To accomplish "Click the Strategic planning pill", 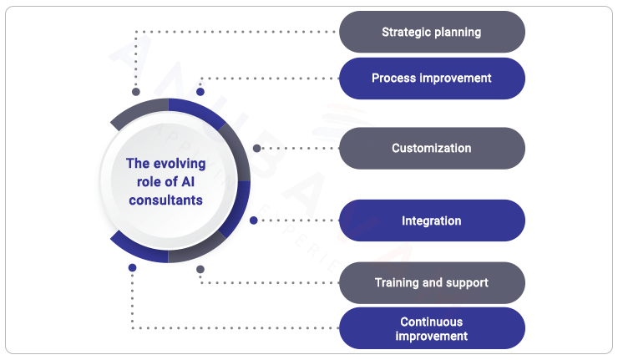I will click(432, 33).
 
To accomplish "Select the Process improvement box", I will click(432, 79).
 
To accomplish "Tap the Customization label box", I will click(432, 149).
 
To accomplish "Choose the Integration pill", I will click(432, 221).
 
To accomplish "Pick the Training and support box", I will click(432, 283).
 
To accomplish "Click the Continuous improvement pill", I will click(432, 328).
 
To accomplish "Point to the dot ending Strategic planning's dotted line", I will click(136, 92).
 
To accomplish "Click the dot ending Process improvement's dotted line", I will click(200, 92).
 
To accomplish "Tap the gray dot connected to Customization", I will click(257, 149).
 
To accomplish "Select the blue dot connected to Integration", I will click(254, 221).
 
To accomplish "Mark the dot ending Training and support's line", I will click(200, 269).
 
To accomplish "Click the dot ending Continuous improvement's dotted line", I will click(132, 268).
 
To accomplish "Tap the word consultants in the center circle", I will click(165, 200).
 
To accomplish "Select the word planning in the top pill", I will click(458, 33).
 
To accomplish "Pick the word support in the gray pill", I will click(469, 283).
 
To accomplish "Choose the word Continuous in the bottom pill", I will click(431, 322).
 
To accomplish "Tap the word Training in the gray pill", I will click(397, 283).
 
